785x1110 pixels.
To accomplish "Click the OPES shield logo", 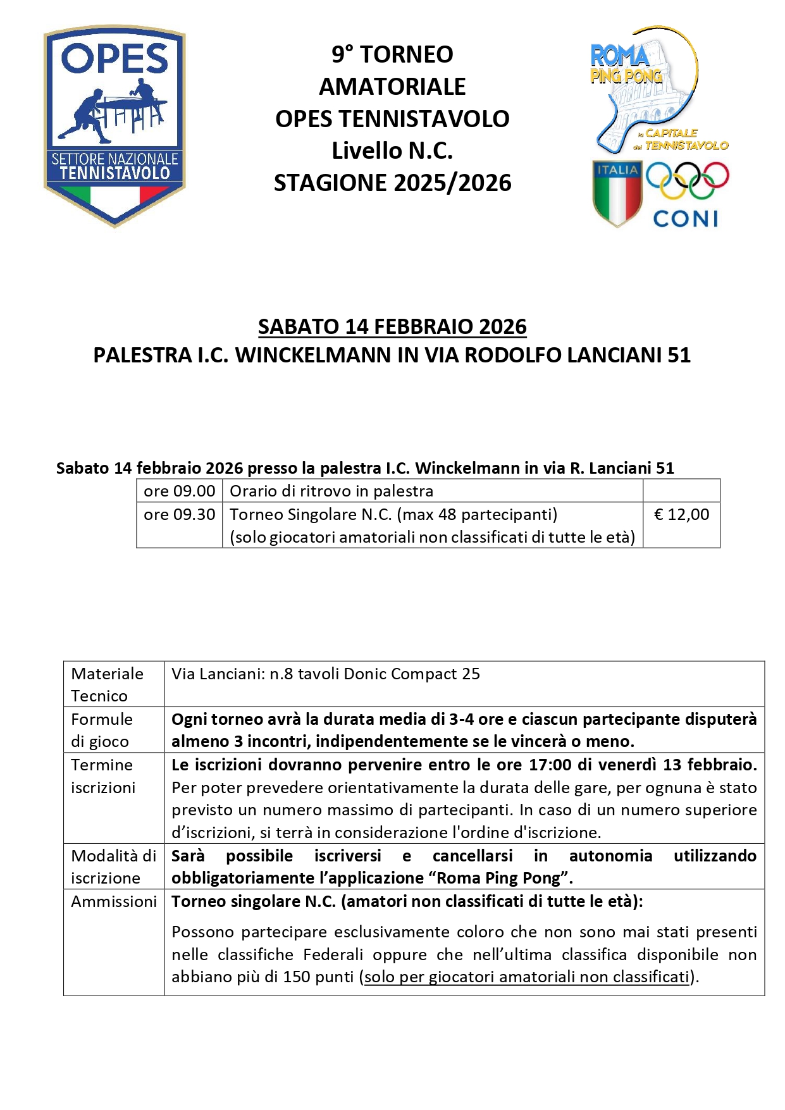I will [x=114, y=125].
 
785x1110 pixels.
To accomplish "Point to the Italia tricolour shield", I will [x=617, y=192].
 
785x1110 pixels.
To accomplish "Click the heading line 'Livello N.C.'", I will [x=392, y=151].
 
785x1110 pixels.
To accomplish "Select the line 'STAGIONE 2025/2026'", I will [x=392, y=183].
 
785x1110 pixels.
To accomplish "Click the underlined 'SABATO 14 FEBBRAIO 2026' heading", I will [x=392, y=326].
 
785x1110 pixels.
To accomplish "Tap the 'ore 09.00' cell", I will [x=179, y=491].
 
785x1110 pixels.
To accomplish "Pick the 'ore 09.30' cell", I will [x=179, y=514].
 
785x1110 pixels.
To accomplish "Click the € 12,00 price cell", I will [x=681, y=514].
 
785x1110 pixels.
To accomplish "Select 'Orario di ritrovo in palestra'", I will [x=331, y=491].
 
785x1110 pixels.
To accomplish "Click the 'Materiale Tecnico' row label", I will [x=107, y=684].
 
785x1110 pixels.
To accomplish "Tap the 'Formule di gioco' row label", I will [x=102, y=730].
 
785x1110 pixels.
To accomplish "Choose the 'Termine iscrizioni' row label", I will [x=103, y=776].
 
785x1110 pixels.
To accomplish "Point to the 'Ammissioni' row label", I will [x=114, y=901].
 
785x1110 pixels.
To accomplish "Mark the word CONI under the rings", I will [x=686, y=219].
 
